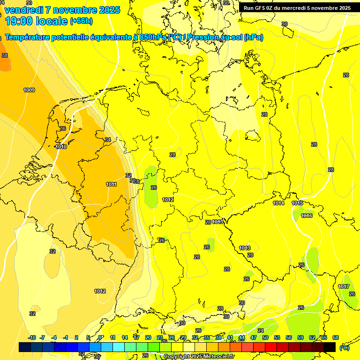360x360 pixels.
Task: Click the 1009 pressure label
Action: tap(29, 90)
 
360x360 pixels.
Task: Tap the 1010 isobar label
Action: tap(61, 147)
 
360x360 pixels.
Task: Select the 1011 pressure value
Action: tap(111, 184)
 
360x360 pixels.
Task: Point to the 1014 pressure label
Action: tap(278, 203)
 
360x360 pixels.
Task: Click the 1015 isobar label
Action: tap(297, 203)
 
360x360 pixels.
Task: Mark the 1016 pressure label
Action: tap(307, 216)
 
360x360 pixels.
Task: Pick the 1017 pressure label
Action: tap(344, 286)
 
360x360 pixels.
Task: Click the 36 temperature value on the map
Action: tap(63, 128)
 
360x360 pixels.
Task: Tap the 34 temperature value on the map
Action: tap(108, 140)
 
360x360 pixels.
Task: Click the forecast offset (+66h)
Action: tap(81, 21)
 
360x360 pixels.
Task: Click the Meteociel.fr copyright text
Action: tap(199, 357)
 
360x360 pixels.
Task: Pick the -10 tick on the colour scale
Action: tap(32, 337)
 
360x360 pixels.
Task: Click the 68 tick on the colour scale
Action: tap(336, 337)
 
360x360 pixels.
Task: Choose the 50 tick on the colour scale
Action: tap(265, 337)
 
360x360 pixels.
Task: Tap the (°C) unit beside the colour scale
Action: tap(344, 348)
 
